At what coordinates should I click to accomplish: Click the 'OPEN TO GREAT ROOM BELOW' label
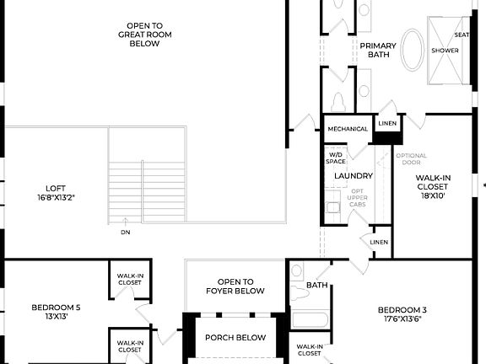139,34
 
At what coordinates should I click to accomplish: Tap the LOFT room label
57,188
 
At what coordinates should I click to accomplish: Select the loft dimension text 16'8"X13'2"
57,197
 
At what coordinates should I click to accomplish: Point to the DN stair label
126,232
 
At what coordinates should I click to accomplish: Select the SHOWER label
445,51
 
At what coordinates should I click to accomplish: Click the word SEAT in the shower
462,35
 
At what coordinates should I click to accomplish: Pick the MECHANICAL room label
348,129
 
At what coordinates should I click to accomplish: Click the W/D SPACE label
336,158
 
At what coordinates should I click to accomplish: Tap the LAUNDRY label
354,175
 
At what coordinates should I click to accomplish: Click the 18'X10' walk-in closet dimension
432,195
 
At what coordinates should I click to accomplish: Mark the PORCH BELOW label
235,338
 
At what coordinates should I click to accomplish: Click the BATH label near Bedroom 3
316,286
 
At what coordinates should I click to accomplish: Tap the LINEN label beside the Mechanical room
387,124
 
